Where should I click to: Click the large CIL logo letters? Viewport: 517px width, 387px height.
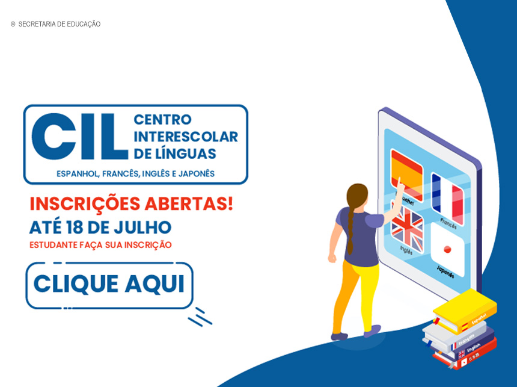(x=79, y=137)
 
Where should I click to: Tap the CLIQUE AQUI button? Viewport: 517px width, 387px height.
(x=109, y=285)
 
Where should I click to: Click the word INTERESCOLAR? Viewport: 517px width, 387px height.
(x=186, y=137)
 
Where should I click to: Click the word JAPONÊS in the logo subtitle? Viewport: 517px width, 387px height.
(x=196, y=174)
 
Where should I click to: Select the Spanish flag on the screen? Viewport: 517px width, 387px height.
(x=407, y=175)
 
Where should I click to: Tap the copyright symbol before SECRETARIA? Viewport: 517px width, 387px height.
(x=13, y=25)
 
